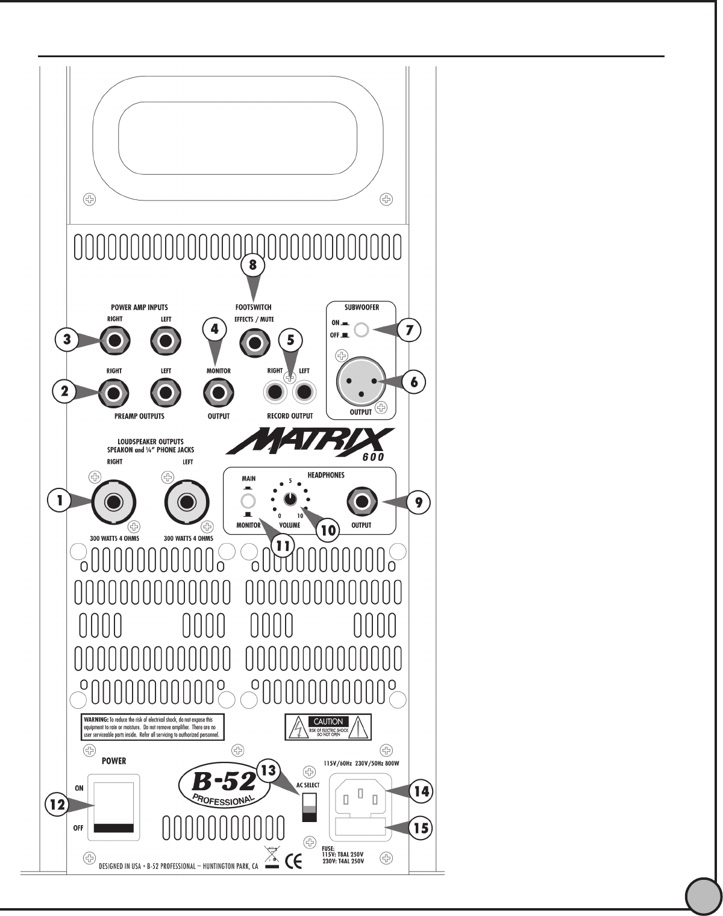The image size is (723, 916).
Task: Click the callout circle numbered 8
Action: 253,264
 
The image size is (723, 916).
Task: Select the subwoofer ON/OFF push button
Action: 361,329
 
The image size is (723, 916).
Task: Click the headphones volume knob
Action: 290,499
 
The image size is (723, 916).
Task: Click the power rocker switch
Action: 114,807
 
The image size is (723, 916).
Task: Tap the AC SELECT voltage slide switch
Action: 308,806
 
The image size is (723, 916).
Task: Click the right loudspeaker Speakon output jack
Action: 114,501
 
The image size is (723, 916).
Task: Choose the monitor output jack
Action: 218,393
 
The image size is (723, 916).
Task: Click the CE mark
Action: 293,862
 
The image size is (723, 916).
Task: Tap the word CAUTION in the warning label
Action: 328,721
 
